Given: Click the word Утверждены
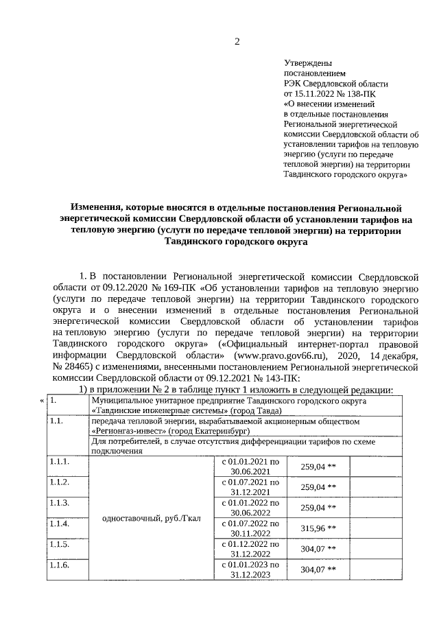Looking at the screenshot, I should (304, 62).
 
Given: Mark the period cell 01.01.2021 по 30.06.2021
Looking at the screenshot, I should (251, 467).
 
